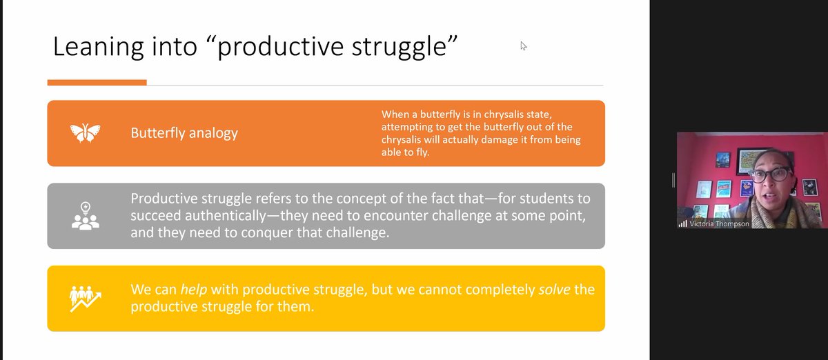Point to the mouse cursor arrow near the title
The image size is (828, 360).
pyautogui.click(x=524, y=46)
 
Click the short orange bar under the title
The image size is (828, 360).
pyautogui.click(x=97, y=83)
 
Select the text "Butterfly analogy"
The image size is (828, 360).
pyautogui.click(x=184, y=133)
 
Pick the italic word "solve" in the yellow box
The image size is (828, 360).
pyautogui.click(x=554, y=289)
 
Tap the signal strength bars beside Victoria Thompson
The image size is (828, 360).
pyautogui.click(x=683, y=223)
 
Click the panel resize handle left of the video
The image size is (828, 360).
pyautogui.click(x=673, y=180)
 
